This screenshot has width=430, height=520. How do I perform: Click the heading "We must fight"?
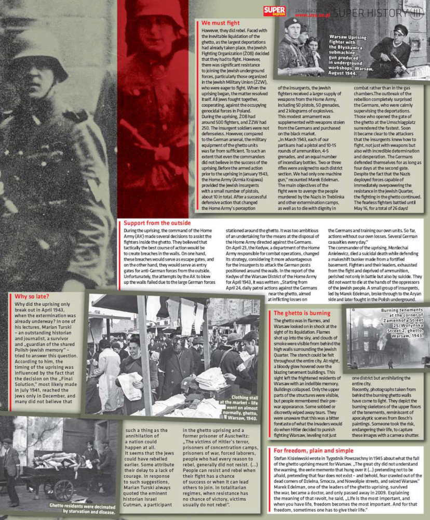pyautogui.click(x=221, y=23)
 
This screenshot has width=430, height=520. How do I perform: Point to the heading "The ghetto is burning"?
pyautogui.click(x=302, y=313)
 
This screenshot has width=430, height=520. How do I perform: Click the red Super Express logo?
pyautogui.click(x=275, y=11)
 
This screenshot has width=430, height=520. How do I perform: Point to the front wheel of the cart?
pyautogui.click(x=63, y=489)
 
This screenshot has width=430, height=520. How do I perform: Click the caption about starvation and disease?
pyautogui.click(x=82, y=508)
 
